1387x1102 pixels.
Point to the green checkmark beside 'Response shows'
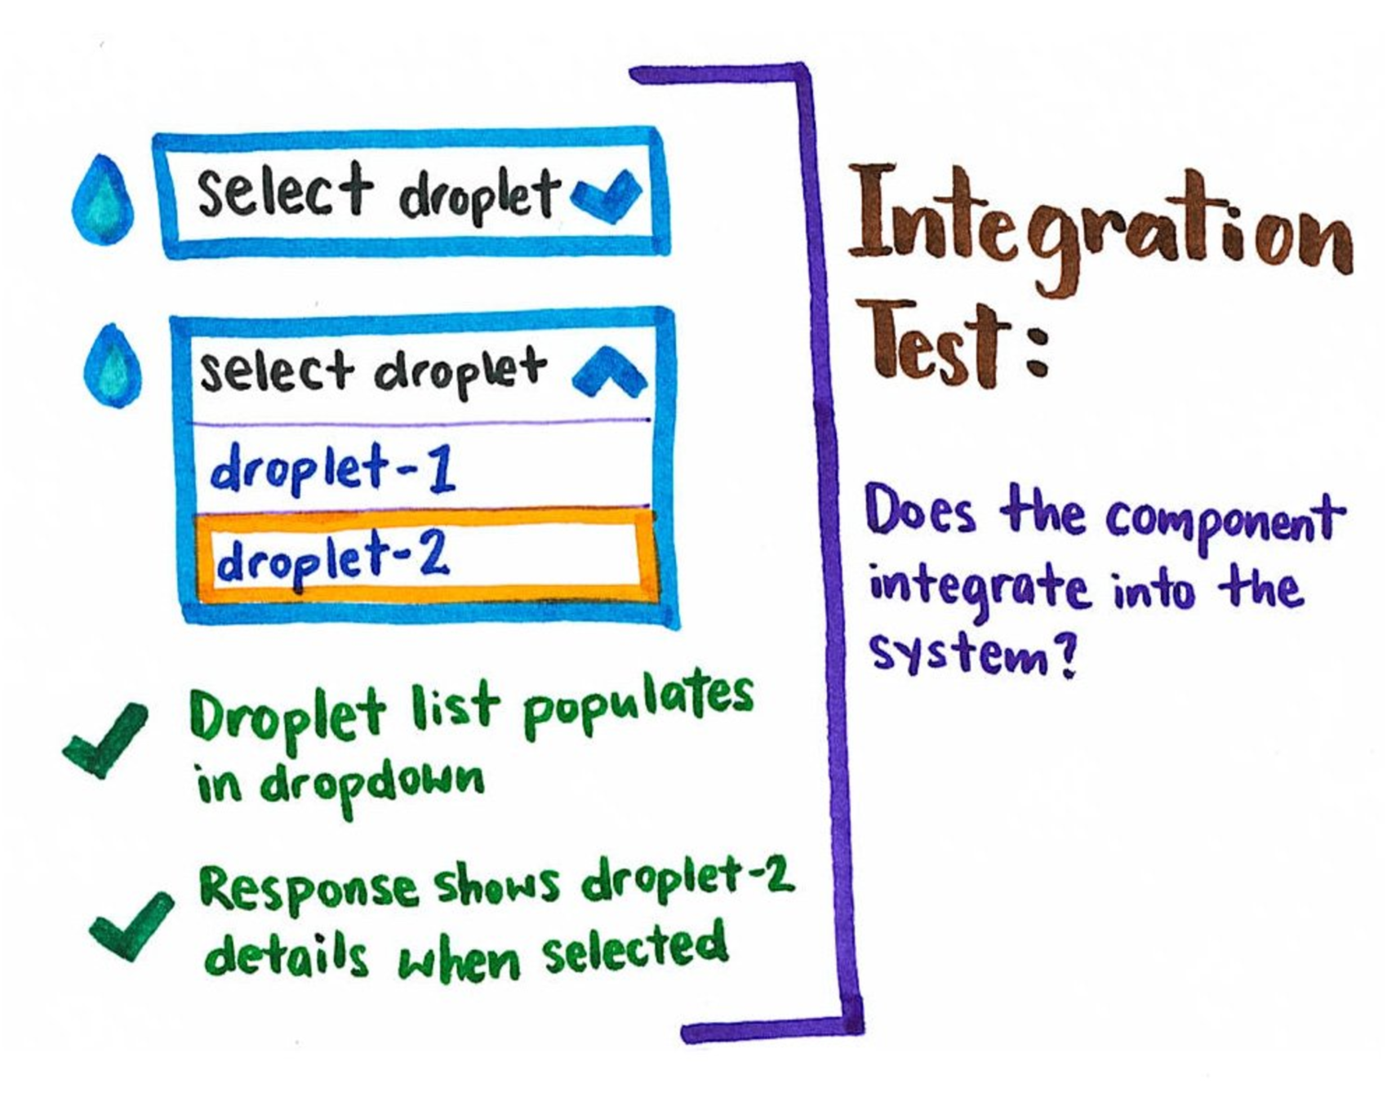click(131, 926)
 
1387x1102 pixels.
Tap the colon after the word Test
click(1037, 353)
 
